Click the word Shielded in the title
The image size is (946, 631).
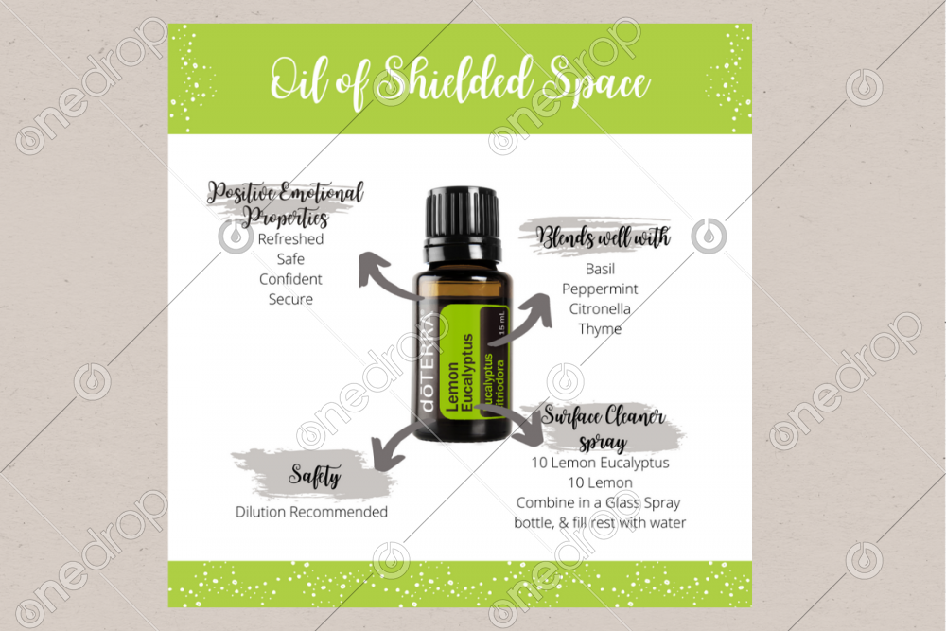(457, 80)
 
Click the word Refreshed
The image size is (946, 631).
(290, 239)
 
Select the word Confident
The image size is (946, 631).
(290, 279)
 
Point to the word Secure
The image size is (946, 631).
(290, 299)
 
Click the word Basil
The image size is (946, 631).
(601, 269)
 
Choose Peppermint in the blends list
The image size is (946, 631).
(600, 289)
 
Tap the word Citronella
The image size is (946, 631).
(600, 308)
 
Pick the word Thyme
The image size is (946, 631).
(600, 329)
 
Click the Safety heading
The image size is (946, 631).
(314, 475)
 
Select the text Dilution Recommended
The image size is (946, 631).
(311, 512)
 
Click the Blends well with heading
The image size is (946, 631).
(604, 237)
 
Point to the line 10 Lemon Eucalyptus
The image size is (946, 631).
(601, 463)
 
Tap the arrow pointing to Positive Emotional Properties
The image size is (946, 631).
(386, 276)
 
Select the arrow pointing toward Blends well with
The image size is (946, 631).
(524, 320)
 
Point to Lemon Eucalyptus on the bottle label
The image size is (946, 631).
(459, 373)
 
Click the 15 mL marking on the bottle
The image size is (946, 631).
(501, 323)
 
